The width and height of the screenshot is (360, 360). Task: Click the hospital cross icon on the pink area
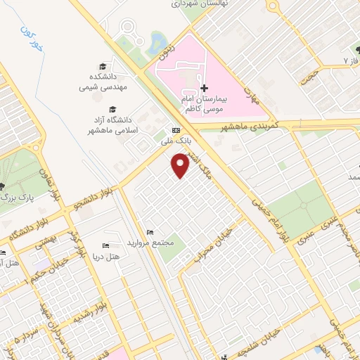point(204,89)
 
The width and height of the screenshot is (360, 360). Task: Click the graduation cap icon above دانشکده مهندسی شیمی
point(112,64)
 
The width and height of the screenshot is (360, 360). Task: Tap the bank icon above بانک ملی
point(175,130)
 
